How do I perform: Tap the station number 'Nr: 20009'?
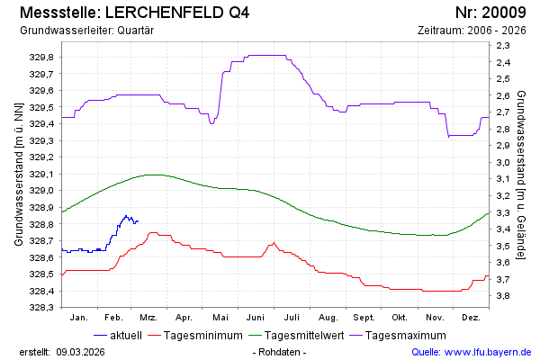coord(490,13)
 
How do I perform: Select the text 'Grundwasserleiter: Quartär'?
coord(85,30)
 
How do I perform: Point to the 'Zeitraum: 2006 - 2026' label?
coord(472,30)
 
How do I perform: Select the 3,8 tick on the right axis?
coord(502,296)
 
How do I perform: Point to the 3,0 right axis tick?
coord(502,163)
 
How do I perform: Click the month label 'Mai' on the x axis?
coord(220,318)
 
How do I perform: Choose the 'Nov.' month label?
coord(435,318)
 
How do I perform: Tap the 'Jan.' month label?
coord(78,318)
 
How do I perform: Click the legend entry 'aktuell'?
coord(125,336)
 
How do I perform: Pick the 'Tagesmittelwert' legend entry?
coord(310,336)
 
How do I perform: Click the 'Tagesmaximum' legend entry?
coord(413,336)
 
